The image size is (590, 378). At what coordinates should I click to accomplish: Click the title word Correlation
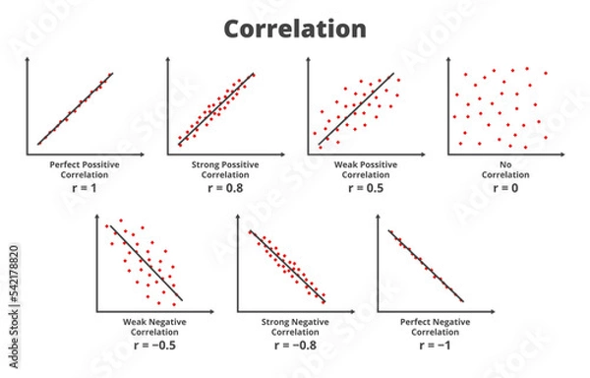[x=295, y=30]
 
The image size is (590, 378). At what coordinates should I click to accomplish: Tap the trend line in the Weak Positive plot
[x=356, y=110]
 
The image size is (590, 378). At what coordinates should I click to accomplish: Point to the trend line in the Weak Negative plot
[x=146, y=263]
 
